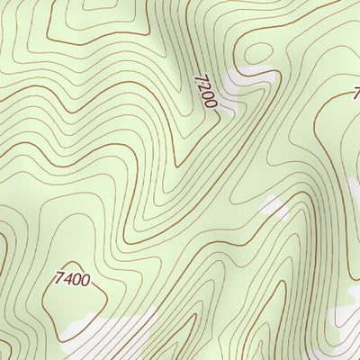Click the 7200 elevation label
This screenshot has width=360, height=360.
tap(205, 92)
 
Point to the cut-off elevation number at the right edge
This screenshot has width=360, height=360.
tap(356, 92)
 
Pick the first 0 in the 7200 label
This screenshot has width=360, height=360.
tap(207, 96)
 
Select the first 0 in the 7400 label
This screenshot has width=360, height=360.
tap(76, 279)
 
